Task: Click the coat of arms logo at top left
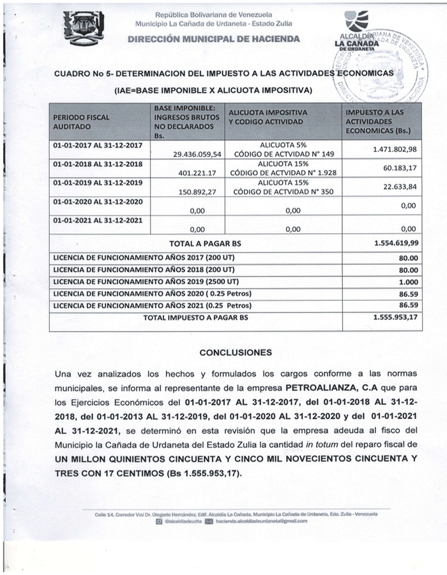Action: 84,28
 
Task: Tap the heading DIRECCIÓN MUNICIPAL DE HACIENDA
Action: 214,39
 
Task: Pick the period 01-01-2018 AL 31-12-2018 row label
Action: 98,164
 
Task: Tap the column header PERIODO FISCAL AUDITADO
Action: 81,122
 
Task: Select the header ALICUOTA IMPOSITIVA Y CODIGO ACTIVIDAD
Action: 268,116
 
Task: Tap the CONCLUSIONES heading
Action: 236,352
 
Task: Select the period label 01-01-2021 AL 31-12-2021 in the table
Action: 98,220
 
